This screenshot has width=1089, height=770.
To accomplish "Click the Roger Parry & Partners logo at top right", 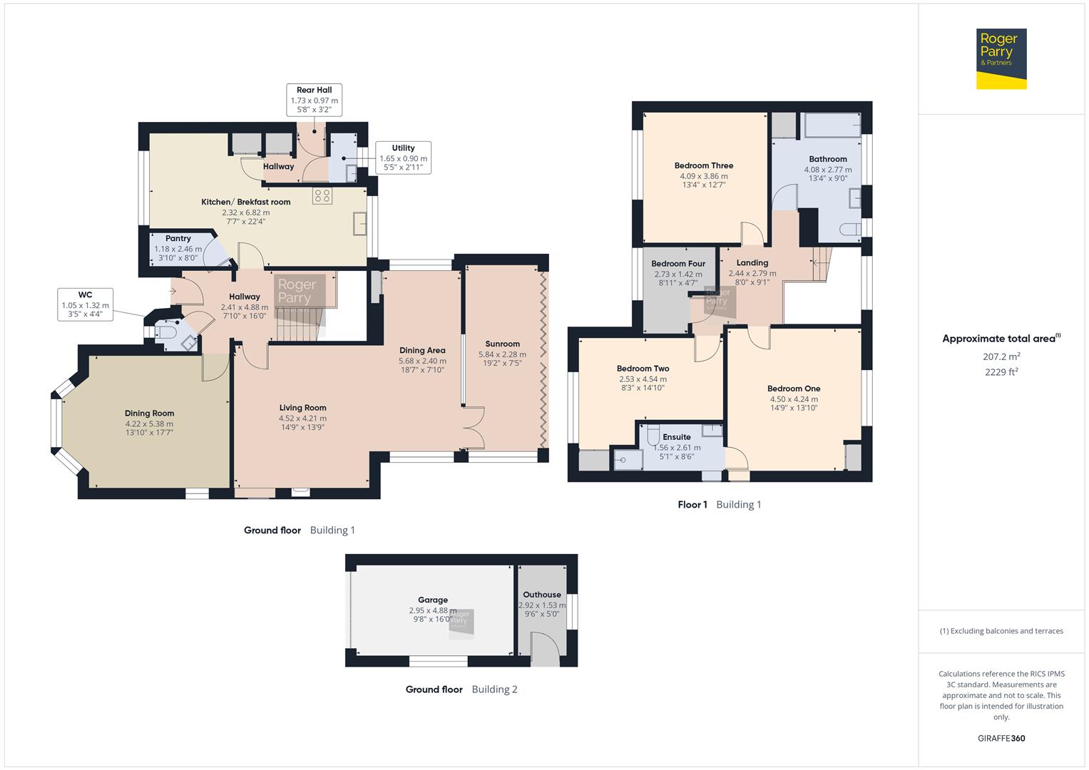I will click(x=1001, y=59).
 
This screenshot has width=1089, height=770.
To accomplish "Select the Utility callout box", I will click(x=403, y=158).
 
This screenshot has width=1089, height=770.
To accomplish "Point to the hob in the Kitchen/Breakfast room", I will click(x=322, y=195).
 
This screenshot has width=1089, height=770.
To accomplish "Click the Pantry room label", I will click(x=178, y=239).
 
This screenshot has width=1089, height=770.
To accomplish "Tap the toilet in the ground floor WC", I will click(x=167, y=332).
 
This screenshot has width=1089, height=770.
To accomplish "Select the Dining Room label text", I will click(x=149, y=413).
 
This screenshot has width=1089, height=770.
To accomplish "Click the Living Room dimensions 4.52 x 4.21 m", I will click(x=302, y=419).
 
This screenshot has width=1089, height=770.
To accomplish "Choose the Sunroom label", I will click(x=502, y=344).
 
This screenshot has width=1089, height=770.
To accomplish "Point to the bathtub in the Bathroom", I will click(x=832, y=125).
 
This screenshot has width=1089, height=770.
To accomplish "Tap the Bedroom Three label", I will click(x=703, y=165).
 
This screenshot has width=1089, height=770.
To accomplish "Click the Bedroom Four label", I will click(x=678, y=264).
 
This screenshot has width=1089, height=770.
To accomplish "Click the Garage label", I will click(x=433, y=600).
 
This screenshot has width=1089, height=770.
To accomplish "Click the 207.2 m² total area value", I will click(x=1001, y=356).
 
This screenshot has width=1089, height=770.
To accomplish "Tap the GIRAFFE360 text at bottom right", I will click(x=1001, y=739).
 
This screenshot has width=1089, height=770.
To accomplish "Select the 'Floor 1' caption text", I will click(x=692, y=505).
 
